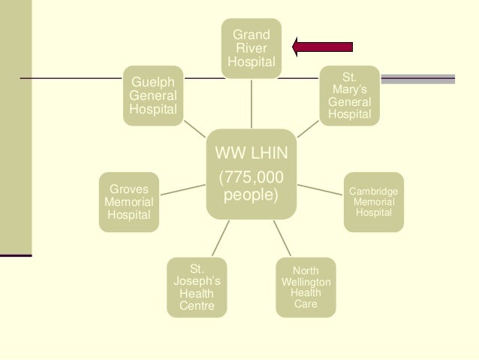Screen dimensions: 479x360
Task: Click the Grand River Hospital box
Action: coord(252,47)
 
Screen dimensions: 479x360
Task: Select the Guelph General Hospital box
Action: coord(153,95)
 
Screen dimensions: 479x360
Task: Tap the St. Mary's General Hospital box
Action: coord(349,95)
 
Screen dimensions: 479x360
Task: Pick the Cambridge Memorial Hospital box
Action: coord(373,202)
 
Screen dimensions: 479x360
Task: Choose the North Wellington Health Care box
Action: coord(305,287)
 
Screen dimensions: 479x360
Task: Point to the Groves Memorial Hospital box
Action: coord(128,202)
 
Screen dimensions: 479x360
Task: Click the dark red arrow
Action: coord(323,47)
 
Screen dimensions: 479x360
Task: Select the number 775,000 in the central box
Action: coord(252,178)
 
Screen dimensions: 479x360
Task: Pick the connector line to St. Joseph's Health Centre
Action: coord(217,238)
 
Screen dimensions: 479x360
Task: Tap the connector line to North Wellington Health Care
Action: coord(285,238)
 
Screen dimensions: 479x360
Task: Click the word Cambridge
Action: coord(373,192)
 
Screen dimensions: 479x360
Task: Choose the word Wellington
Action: coord(305,282)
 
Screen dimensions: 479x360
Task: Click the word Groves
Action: coord(128,189)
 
